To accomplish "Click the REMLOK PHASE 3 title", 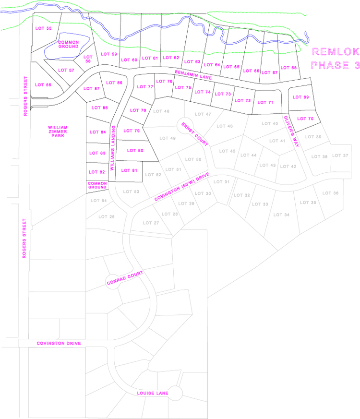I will (x=335, y=59).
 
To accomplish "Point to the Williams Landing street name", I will (x=112, y=148).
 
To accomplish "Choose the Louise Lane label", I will (x=153, y=394).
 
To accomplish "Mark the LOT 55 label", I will (x=43, y=29).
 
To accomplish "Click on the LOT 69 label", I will (x=300, y=97).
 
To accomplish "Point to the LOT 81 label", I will (x=129, y=170).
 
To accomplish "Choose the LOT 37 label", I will (x=340, y=155).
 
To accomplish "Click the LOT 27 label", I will (x=151, y=223).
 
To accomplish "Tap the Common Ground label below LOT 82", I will (x=96, y=185).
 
